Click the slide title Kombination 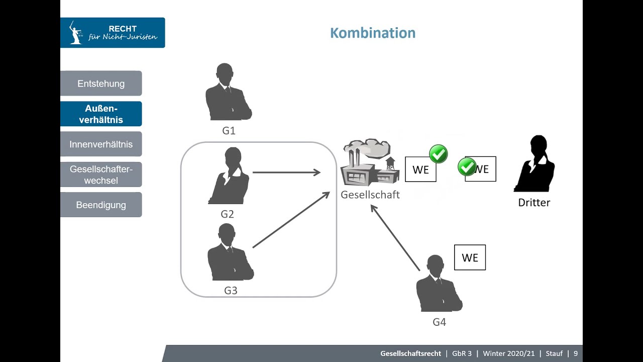[x=373, y=33]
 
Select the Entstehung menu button [x=101, y=83]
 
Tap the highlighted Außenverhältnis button [x=101, y=114]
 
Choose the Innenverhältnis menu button [x=101, y=144]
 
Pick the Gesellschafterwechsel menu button [x=101, y=174]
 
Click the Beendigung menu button [x=101, y=205]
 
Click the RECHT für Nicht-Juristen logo [x=113, y=33]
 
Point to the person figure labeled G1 [x=229, y=93]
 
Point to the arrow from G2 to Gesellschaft [x=286, y=172]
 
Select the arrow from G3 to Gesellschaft [x=291, y=220]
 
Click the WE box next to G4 [x=470, y=257]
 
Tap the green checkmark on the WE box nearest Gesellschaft [x=439, y=154]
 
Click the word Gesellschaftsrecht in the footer [x=411, y=353]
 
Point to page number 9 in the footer [x=576, y=353]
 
